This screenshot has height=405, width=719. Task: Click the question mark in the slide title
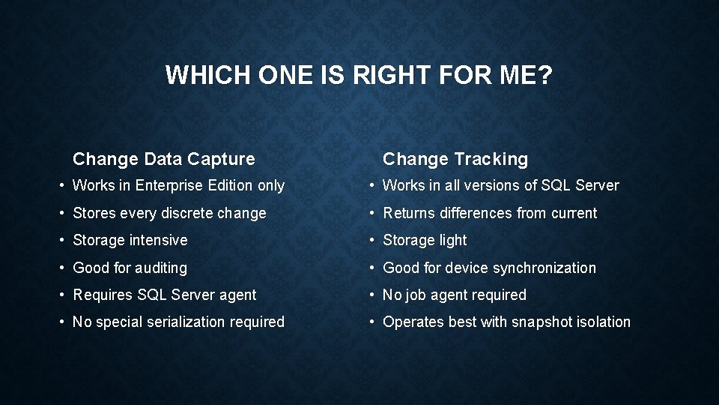coord(544,76)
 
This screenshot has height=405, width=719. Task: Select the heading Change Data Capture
coord(163,159)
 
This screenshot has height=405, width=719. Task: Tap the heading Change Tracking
coord(455,159)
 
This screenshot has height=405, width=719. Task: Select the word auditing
coord(161,268)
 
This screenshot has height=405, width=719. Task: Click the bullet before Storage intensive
coord(62,241)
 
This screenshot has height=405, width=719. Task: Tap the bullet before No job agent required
coord(372,295)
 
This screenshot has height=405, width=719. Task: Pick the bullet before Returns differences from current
coord(372,214)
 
